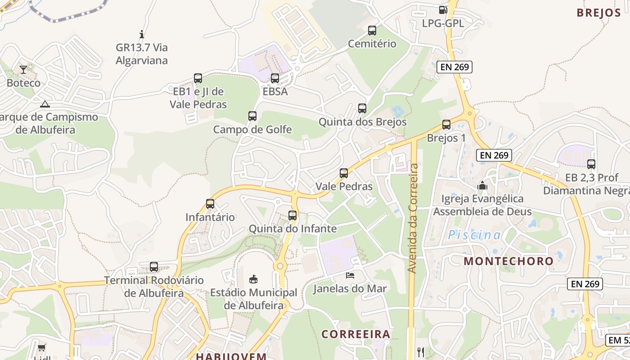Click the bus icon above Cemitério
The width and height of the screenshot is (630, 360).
click(x=372, y=31)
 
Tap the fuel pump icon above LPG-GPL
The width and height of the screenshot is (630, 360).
click(x=443, y=9)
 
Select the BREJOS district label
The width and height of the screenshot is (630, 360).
click(x=598, y=13)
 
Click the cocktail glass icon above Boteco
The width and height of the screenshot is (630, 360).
click(x=23, y=70)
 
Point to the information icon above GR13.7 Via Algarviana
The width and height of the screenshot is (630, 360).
click(x=142, y=34)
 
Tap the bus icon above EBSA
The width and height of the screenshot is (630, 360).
click(x=275, y=78)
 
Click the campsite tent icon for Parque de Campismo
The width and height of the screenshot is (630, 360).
click(x=45, y=104)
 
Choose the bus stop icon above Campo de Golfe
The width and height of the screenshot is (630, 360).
click(x=252, y=116)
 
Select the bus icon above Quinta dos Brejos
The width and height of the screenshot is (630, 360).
click(x=362, y=108)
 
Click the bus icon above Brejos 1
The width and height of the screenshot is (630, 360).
click(x=446, y=125)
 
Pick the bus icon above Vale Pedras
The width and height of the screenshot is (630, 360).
click(x=344, y=173)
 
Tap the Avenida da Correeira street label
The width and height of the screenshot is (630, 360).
click(x=412, y=218)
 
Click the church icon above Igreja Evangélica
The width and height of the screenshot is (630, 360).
click(x=482, y=185)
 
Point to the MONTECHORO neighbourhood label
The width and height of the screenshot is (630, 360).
click(x=508, y=261)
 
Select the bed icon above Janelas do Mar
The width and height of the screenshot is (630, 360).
click(x=350, y=275)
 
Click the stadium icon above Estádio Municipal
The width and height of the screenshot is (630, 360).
click(x=253, y=279)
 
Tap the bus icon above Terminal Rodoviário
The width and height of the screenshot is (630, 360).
click(x=154, y=267)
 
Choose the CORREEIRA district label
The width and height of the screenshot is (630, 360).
click(x=355, y=334)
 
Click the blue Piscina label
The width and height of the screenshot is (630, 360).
click(x=474, y=235)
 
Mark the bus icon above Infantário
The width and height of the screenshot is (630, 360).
click(x=210, y=204)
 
